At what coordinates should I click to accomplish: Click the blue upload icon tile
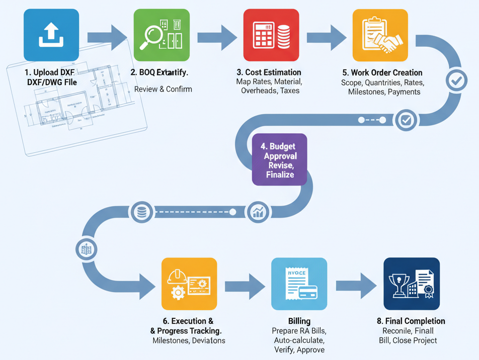pos(51,35)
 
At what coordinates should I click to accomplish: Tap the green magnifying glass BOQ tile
pos(161,35)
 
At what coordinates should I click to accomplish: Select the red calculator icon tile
pos(271,35)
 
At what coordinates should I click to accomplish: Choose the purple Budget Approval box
pos(279,160)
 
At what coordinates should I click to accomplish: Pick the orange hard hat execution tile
pos(189,284)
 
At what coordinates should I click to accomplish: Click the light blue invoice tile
pos(299,284)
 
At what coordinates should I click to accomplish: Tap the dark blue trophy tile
pos(411,284)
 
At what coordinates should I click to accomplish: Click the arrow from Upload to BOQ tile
pos(107,37)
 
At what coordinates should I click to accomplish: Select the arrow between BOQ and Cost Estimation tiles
pos(216,37)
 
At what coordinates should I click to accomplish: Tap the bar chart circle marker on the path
pos(258,212)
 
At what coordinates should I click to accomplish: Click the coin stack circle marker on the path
pos(142,212)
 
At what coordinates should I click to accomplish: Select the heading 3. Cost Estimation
pos(269,72)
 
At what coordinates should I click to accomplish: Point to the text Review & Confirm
pos(163,89)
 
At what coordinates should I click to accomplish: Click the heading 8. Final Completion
pos(411,321)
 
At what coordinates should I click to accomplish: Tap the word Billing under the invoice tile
pos(299,321)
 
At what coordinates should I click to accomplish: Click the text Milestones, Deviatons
pos(189,340)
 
